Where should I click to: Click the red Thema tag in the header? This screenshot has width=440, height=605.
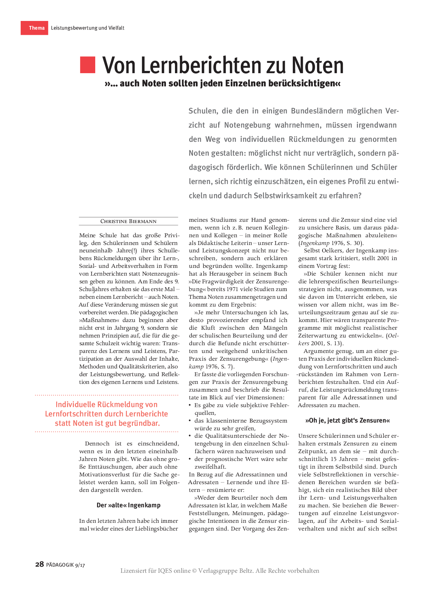[x=35, y=28]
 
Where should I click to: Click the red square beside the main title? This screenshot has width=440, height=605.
[x=88, y=65]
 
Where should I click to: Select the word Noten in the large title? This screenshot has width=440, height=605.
[x=318, y=65]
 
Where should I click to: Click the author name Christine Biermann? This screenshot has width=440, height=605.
[x=128, y=221]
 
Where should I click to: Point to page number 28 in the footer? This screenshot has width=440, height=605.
[x=39, y=564]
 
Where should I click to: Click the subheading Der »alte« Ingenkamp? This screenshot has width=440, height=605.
[x=128, y=505]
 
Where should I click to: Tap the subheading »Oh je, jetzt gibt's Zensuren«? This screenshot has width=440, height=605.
[x=348, y=420]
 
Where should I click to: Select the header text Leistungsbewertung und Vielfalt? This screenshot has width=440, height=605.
[x=88, y=28]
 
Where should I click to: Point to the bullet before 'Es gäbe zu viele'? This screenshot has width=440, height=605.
[x=190, y=405]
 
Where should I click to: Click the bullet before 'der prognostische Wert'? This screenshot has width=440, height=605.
[x=190, y=459]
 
